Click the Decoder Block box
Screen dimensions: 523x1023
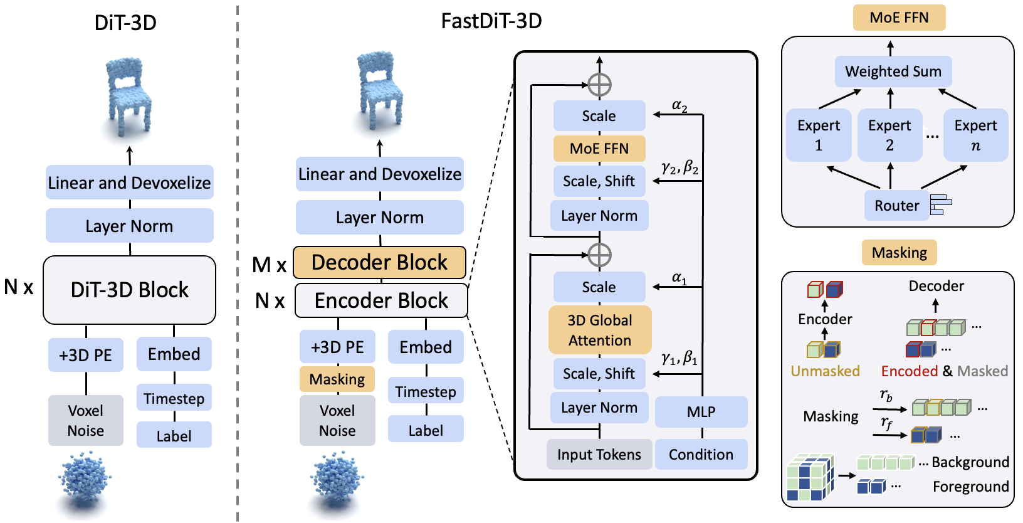click(x=379, y=262)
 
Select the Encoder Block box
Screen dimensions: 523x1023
click(x=381, y=301)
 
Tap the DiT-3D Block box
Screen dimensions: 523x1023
click(x=129, y=290)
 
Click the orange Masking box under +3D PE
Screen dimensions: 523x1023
click(x=337, y=379)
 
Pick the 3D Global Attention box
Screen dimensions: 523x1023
click(x=600, y=330)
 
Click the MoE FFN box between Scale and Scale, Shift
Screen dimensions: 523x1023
click(x=599, y=149)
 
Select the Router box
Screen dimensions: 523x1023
click(x=896, y=206)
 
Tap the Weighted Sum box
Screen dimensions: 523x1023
click(x=893, y=71)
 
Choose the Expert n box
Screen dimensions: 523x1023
click(x=975, y=135)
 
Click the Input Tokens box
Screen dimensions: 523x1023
click(x=599, y=455)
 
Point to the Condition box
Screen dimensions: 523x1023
click(x=701, y=455)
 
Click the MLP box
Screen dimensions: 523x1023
click(x=701, y=412)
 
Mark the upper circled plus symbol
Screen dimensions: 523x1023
click(x=600, y=85)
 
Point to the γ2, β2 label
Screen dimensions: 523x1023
click(x=680, y=167)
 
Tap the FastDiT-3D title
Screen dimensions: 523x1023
click(x=491, y=21)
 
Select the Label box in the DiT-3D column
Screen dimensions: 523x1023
click(x=174, y=436)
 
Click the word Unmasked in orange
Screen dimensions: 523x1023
click(x=825, y=371)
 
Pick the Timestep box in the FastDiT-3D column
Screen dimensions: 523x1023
click(x=426, y=392)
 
